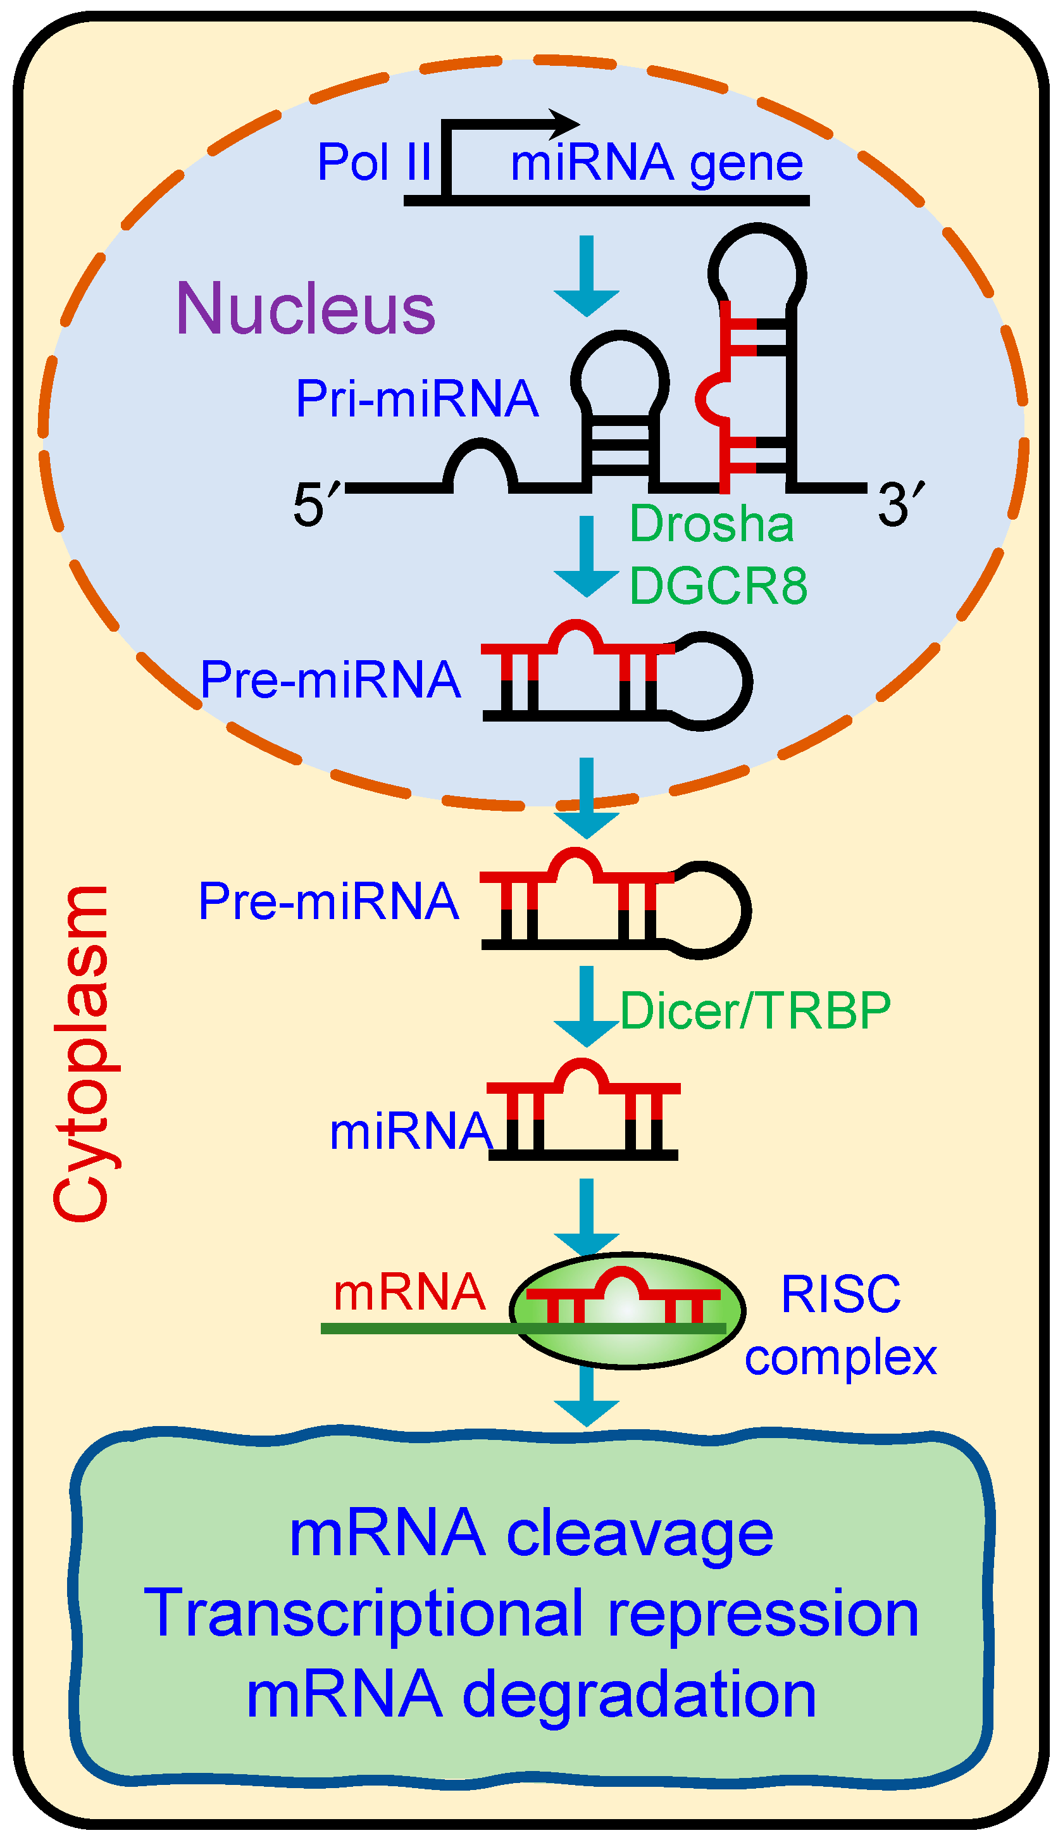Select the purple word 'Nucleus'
tap(306, 309)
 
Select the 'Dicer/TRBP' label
tap(756, 1011)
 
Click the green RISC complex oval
tap(628, 1310)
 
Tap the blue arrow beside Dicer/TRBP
tap(587, 1006)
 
